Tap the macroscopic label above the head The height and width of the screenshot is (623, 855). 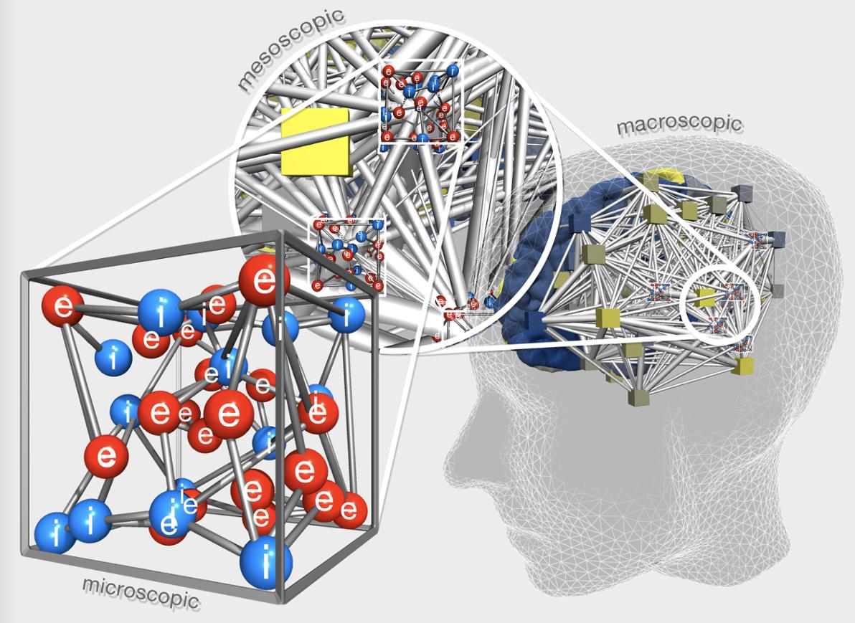pyautogui.click(x=679, y=124)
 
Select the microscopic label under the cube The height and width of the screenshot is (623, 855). pyautogui.click(x=141, y=592)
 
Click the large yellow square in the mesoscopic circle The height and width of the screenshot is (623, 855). pyautogui.click(x=315, y=141)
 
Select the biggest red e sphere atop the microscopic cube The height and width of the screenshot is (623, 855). pyautogui.click(x=265, y=281)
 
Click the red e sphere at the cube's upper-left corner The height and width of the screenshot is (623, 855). pyautogui.click(x=63, y=308)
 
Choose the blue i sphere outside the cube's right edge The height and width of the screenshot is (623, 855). pyautogui.click(x=346, y=315)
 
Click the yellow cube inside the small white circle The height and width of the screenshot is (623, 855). pyautogui.click(x=705, y=298)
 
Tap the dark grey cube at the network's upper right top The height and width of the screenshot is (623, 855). pyautogui.click(x=742, y=191)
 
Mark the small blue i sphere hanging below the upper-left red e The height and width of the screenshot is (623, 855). pyautogui.click(x=113, y=358)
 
